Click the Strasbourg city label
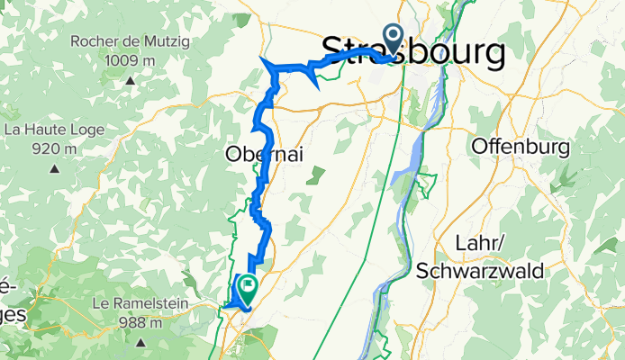412,52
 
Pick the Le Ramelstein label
140,303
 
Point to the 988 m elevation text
140,322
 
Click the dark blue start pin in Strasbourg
394,38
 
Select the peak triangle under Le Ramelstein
140,343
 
